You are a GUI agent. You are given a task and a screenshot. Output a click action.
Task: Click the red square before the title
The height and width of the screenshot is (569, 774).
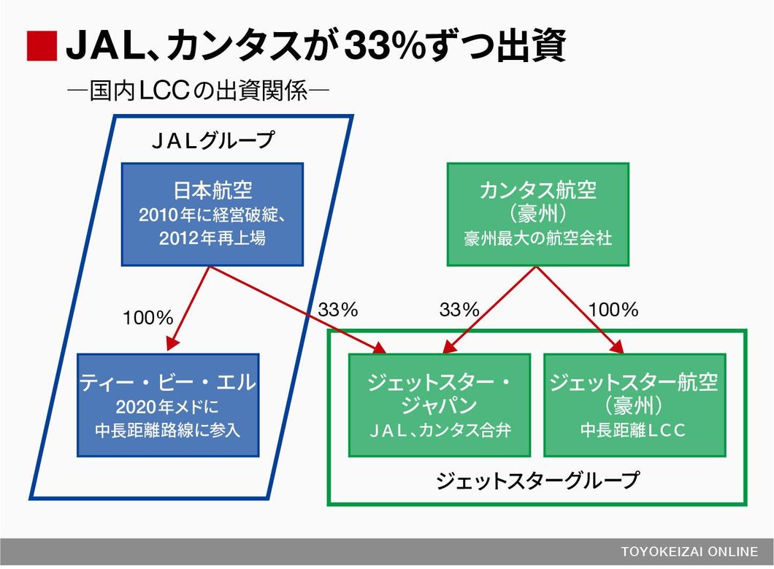click(x=42, y=46)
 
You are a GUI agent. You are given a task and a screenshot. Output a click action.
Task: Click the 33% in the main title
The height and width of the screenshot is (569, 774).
click(x=384, y=45)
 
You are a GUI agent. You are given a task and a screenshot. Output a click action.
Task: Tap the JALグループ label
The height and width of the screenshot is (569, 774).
click(x=212, y=140)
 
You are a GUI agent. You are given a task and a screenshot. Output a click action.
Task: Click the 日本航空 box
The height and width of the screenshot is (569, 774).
click(x=212, y=214)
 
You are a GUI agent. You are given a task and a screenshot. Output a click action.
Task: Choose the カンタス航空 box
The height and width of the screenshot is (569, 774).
click(x=538, y=214)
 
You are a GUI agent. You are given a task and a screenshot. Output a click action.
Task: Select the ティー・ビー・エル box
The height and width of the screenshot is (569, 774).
click(x=168, y=405)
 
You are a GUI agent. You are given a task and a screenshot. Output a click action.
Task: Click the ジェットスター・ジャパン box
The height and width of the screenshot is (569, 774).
click(x=440, y=405)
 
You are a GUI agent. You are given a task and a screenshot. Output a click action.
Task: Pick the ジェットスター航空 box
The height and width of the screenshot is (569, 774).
click(x=635, y=405)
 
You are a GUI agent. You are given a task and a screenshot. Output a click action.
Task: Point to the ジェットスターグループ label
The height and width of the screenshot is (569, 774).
click(x=537, y=480)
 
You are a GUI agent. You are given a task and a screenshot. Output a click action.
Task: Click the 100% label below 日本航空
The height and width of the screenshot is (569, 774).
click(x=147, y=318)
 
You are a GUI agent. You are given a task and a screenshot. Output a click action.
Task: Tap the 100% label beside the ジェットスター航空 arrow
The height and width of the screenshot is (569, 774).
click(x=613, y=310)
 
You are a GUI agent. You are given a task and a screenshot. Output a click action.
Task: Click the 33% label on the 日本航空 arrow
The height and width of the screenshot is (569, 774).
click(x=337, y=310)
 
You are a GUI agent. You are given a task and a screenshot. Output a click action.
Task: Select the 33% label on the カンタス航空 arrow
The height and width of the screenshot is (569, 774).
click(x=459, y=310)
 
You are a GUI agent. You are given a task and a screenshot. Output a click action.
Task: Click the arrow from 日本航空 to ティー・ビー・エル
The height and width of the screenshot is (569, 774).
click(x=188, y=308)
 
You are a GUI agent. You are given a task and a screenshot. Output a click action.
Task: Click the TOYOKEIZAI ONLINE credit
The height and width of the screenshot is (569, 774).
click(x=689, y=551)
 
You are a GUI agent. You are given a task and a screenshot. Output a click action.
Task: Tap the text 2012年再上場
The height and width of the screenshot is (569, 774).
click(x=212, y=238)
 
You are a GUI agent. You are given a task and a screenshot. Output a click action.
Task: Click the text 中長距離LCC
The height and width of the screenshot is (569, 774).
click(x=633, y=429)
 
